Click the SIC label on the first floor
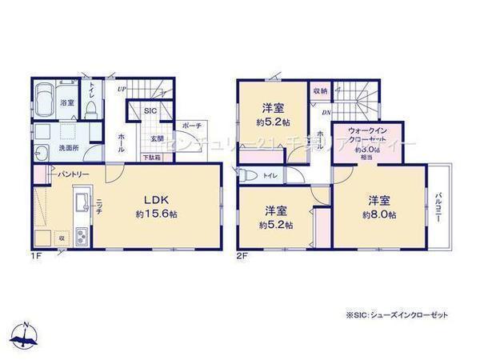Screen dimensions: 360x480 [150, 112]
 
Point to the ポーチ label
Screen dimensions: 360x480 [191, 126]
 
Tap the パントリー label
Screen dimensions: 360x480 [72, 173]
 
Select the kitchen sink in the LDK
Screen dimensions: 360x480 [81, 204]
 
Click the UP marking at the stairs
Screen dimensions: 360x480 [122, 89]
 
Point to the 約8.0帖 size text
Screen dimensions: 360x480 [379, 214]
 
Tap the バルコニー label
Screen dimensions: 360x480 [439, 207]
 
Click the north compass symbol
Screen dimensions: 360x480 [26, 333]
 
